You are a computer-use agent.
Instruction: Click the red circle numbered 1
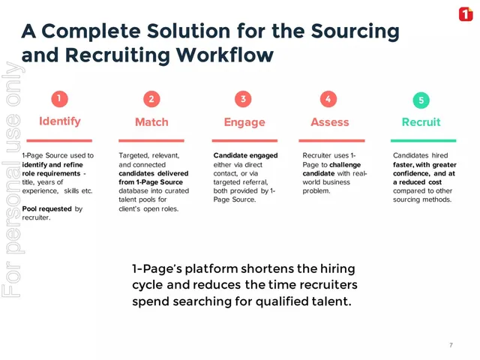[59, 99]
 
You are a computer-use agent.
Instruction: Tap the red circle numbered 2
[151, 99]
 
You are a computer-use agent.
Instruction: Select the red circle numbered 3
[243, 99]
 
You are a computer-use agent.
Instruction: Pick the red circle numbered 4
[328, 99]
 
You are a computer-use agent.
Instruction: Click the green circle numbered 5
[421, 100]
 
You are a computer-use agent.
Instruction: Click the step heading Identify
[60, 121]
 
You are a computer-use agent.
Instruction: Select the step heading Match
[151, 122]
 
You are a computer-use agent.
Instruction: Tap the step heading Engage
[244, 122]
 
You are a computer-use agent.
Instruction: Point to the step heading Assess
[330, 122]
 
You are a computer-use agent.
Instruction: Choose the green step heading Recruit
[421, 122]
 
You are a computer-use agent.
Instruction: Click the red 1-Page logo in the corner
[466, 14]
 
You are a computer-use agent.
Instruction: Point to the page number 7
[451, 345]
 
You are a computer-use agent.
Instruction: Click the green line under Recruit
[423, 141]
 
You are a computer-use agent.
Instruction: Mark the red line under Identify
[59, 141]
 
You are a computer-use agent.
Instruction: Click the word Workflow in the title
[225, 55]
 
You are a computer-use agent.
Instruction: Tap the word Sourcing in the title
[355, 31]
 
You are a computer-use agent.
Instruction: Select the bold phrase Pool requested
[46, 208]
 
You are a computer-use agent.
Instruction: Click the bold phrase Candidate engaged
[245, 155]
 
